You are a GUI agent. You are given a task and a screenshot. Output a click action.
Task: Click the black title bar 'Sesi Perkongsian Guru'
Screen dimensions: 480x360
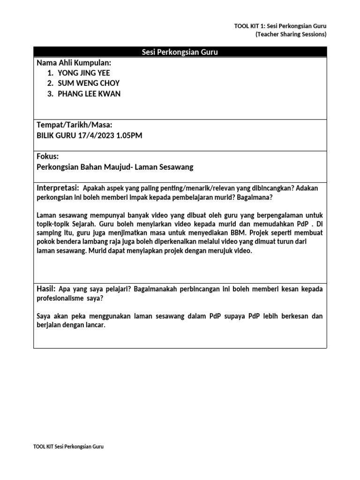tap(180, 52)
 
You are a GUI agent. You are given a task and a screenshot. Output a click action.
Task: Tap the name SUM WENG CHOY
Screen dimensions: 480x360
tap(89, 83)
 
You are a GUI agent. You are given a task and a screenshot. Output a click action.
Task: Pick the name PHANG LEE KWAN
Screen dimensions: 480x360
tap(89, 94)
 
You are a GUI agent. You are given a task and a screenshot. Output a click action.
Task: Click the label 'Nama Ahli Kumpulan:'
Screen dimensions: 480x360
tap(74, 63)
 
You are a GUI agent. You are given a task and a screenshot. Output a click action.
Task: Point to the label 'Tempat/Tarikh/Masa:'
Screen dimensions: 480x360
tap(74, 125)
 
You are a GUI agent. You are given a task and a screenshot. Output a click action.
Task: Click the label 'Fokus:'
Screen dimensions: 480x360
tap(47, 156)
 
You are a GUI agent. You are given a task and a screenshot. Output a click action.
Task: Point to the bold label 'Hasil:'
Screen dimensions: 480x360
tap(46, 289)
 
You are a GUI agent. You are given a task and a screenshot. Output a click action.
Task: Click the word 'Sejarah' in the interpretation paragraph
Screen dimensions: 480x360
tap(83, 224)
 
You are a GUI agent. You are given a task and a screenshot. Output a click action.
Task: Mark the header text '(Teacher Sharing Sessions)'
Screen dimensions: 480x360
tap(291, 34)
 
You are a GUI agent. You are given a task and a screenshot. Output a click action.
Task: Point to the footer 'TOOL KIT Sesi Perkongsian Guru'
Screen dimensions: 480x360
tap(68, 447)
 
